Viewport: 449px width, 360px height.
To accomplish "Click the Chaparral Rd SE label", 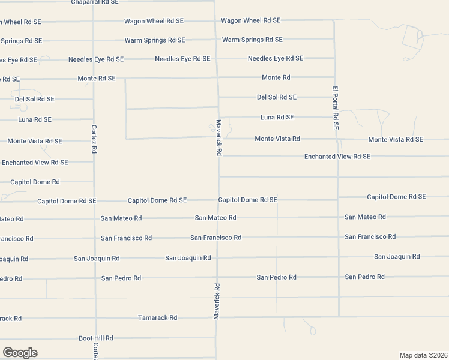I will pos(95,2).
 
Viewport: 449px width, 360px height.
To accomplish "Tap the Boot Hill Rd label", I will pos(96,338).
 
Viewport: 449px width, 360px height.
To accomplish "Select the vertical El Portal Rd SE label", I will pos(336,108).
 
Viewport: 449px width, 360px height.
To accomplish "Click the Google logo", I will pos(20,353).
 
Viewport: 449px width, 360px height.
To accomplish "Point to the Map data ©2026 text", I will pos(423,355).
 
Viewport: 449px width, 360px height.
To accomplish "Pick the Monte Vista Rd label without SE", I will pos(277,139).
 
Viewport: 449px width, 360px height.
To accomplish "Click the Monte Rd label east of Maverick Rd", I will pos(276,77).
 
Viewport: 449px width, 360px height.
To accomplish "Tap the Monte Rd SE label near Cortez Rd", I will pos(97,79).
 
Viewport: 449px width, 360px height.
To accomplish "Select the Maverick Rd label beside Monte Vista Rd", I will pos(220,137).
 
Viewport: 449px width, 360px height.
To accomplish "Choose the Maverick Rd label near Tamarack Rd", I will pos(217,301).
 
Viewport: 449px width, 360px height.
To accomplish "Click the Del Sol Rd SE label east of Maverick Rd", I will pos(277,97).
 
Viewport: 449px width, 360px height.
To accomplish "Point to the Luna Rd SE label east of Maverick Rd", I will pos(277,118).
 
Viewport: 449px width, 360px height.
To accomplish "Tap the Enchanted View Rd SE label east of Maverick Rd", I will pos(337,157).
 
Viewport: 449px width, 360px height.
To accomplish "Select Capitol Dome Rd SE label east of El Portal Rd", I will pos(396,197).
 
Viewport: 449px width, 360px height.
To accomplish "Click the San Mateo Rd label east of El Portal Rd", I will pos(365,217).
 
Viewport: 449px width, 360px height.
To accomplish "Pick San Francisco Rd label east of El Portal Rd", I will pos(370,237).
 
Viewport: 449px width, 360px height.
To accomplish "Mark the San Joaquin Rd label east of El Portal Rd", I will pos(397,257).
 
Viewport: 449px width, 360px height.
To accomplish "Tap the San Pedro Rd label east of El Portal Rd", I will pos(365,277).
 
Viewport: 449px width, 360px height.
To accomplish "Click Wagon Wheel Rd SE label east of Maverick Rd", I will pos(251,20).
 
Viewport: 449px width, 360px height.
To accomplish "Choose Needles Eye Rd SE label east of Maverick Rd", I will pos(276,58).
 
